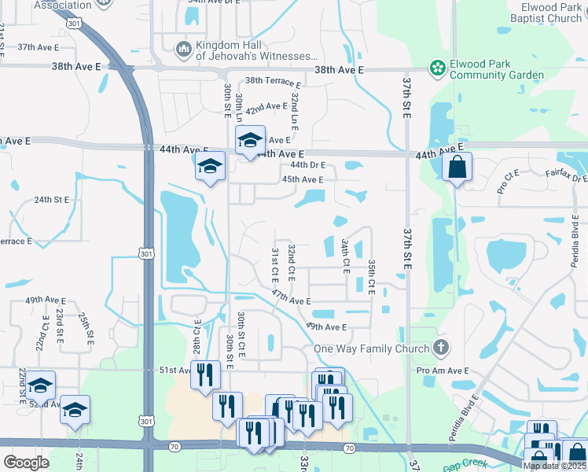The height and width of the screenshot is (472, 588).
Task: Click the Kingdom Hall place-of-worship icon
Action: click(184, 50)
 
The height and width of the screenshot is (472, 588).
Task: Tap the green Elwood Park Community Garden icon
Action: click(437, 69)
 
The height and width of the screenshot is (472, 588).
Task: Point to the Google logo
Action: click(26, 463)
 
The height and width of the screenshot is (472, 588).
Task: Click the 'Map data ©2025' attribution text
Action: click(555, 466)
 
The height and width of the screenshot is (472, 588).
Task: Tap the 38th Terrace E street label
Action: click(273, 82)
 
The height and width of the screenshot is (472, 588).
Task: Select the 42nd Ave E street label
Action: click(266, 107)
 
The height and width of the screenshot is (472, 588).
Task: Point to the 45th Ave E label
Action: click(303, 179)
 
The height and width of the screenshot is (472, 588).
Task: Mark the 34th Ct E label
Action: click(345, 256)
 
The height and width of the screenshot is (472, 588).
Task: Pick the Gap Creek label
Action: click(464, 466)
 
